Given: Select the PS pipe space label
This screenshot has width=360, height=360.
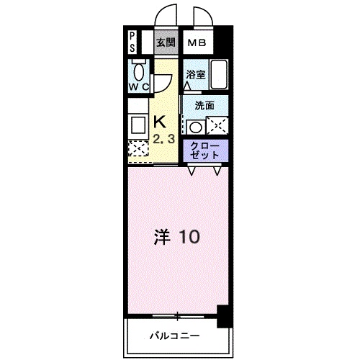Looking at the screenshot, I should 133,42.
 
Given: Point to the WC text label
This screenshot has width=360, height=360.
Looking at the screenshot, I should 139,88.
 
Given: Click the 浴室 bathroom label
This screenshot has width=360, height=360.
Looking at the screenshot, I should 196,73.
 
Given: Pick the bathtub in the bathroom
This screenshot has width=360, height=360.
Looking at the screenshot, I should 219,74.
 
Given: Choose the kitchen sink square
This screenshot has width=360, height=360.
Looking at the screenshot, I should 137,125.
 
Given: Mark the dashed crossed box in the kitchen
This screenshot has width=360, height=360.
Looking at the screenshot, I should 137,148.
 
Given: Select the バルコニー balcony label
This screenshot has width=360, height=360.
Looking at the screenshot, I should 175,336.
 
